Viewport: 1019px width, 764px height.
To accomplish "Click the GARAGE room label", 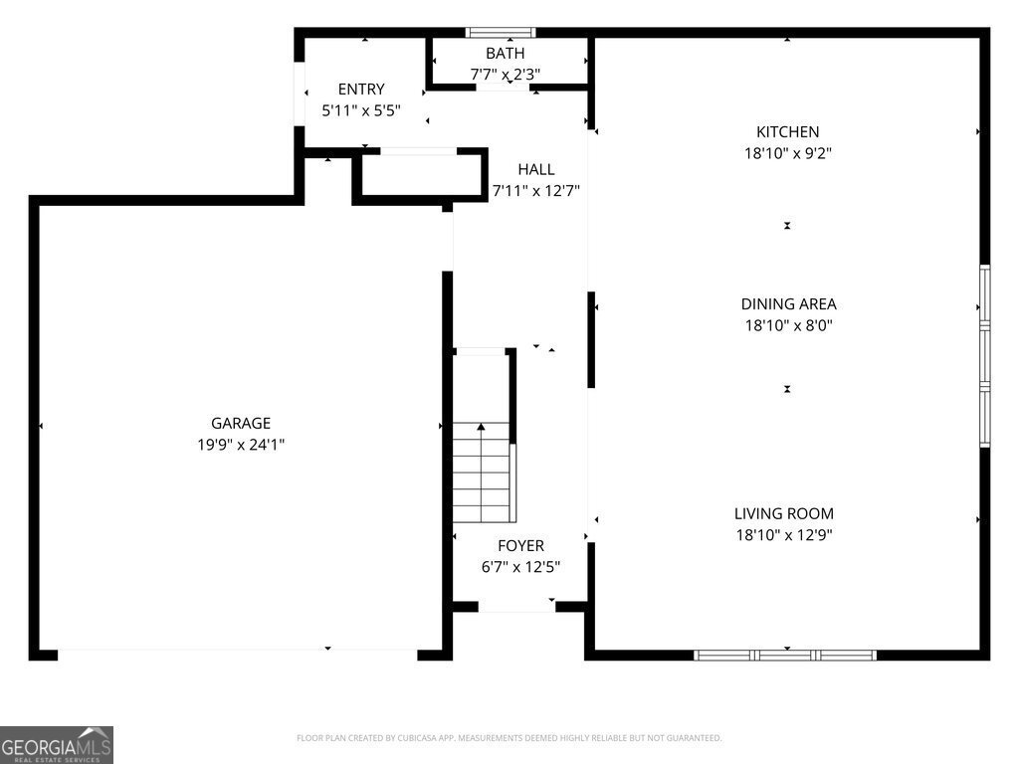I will click(x=240, y=423).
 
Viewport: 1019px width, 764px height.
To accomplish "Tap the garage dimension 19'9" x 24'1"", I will click(x=240, y=445).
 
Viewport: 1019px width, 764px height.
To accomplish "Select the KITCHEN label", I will click(x=787, y=131).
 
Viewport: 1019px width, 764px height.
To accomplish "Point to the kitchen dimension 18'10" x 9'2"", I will click(x=787, y=153).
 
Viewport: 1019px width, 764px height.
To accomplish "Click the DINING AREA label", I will click(x=787, y=304).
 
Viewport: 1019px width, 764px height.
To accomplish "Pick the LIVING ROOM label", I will click(x=784, y=513).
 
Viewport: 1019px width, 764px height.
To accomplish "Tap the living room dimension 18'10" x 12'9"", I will click(x=784, y=535).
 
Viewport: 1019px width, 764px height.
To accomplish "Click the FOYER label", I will click(x=520, y=545).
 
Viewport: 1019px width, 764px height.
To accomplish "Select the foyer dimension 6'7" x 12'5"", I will click(x=520, y=567).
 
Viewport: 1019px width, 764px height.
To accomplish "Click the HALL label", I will click(x=535, y=169).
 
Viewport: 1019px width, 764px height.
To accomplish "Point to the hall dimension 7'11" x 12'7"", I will click(x=535, y=191).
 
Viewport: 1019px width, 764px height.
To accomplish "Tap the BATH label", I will click(x=505, y=53).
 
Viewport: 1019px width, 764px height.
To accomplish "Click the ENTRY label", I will click(x=360, y=89).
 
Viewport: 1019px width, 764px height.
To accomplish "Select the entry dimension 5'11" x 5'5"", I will click(x=360, y=110).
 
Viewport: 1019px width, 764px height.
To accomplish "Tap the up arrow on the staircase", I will click(x=482, y=428).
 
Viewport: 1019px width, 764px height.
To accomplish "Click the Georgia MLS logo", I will click(x=57, y=745).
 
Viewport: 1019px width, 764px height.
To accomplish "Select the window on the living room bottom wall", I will click(x=784, y=655).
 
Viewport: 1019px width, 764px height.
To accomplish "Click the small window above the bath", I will click(x=502, y=32).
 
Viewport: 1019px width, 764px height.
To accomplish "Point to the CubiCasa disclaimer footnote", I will click(x=509, y=738).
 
